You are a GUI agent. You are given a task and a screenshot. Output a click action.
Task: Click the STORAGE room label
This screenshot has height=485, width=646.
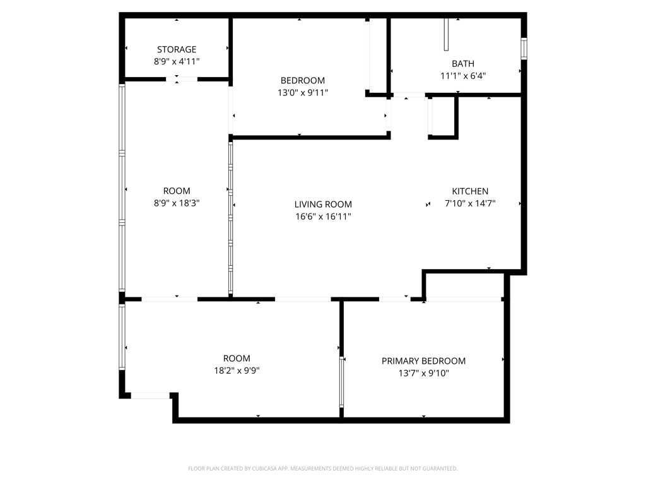click(x=177, y=49)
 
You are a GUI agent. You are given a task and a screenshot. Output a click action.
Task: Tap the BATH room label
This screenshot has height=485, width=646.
click(x=463, y=64)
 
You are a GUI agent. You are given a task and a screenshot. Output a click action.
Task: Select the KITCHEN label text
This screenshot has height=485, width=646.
click(x=470, y=191)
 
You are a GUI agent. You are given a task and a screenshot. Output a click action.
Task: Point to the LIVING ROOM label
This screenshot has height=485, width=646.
click(x=323, y=204)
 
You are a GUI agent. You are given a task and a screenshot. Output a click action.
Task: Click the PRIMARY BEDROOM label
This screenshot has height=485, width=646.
click(x=423, y=361)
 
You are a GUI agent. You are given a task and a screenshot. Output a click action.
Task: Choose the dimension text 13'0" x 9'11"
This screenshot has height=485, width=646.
click(x=303, y=93)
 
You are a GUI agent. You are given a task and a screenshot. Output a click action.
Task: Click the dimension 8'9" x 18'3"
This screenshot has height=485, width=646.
click(x=177, y=203)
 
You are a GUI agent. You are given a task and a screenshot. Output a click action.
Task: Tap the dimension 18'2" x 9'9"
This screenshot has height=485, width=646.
click(x=237, y=370)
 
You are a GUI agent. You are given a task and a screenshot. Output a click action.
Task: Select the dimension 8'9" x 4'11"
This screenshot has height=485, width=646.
click(x=177, y=61)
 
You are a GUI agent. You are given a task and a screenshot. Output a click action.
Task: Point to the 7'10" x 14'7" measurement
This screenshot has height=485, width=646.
click(x=470, y=203)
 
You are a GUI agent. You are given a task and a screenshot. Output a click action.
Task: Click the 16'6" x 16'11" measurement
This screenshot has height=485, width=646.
click(x=323, y=216)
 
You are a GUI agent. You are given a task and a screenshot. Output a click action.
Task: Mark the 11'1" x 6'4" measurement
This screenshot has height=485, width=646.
click(x=463, y=76)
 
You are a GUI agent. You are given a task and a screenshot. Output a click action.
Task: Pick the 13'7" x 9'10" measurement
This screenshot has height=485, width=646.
click(x=423, y=373)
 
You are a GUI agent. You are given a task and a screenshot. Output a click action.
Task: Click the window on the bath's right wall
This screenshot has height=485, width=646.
click(x=524, y=49)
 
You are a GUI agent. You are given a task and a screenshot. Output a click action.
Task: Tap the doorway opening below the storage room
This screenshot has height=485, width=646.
click(x=182, y=79)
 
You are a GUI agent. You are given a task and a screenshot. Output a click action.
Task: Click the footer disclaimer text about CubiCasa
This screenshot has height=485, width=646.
click(x=322, y=469)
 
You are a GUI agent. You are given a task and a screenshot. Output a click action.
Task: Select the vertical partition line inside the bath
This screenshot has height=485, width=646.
click(x=446, y=35)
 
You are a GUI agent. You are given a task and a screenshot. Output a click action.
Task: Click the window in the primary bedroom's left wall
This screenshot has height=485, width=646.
click(x=341, y=381)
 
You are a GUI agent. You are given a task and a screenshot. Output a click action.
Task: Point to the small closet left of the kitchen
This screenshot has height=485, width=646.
click(x=442, y=117)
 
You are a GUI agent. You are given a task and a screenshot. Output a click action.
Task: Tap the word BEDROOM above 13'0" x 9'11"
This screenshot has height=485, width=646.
click(x=303, y=81)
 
